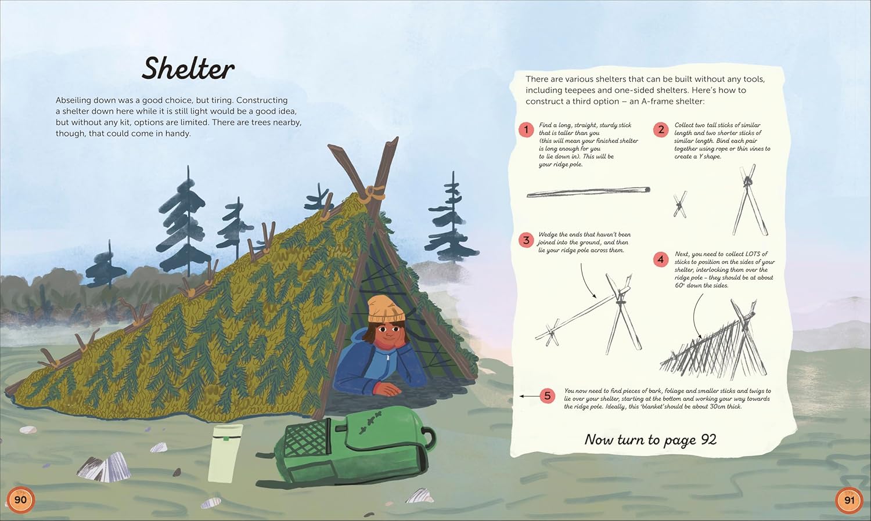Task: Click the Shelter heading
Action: pos(188,68)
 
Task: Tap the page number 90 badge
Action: pos(20,499)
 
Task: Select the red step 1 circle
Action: pos(526,129)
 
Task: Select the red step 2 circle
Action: pos(661,129)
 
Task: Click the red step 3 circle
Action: pos(526,240)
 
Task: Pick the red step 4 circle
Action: pos(661,259)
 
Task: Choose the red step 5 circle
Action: pos(548,396)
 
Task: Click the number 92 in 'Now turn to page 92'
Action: pos(708,439)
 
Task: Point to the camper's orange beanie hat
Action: pos(386,309)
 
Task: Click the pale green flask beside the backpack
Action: pos(225,453)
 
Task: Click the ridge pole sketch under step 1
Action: pos(588,192)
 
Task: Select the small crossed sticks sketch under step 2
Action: pos(680,204)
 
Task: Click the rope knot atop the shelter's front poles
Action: pos(372,193)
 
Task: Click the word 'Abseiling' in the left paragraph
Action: pos(74,100)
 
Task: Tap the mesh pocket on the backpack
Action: pos(306,438)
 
